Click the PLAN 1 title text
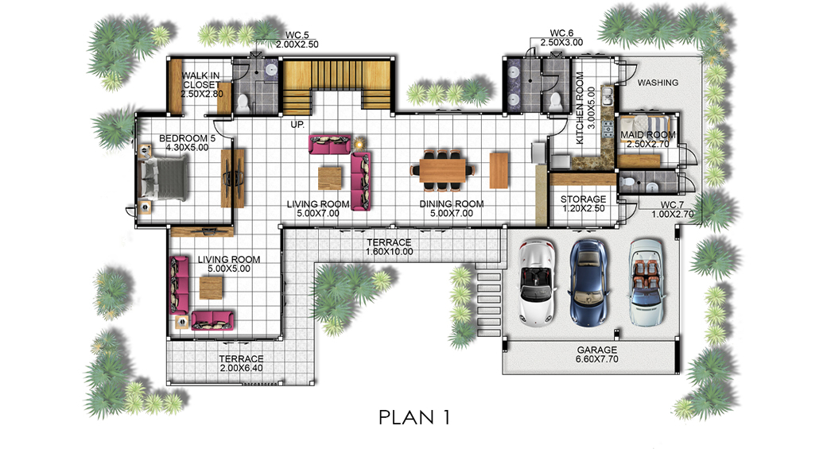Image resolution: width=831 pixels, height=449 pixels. point(414,417)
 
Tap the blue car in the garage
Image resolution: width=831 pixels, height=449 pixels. point(588,282)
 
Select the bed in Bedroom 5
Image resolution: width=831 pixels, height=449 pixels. point(163,180)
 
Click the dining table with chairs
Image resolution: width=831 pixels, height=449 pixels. point(442,170)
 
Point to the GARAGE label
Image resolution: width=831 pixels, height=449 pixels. point(596,350)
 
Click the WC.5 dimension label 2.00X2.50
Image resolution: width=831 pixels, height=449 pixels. point(297,45)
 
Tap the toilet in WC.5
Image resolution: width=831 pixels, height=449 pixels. point(243,103)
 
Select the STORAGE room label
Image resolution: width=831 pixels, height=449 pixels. point(583,199)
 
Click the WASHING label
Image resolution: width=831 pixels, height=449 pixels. point(658,83)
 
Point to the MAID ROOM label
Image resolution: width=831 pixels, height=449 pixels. point(647,135)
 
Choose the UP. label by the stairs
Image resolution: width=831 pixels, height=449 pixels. point(297,125)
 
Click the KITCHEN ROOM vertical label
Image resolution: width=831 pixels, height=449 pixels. point(580,108)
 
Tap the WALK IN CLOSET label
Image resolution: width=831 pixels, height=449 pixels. point(201,80)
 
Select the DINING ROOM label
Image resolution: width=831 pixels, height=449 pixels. point(452,204)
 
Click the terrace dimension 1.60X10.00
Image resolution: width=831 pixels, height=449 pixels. point(389,251)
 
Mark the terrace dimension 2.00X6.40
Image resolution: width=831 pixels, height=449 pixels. point(241,368)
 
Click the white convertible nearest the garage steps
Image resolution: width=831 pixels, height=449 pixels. point(538,282)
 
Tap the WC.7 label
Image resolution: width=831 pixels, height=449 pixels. point(672,205)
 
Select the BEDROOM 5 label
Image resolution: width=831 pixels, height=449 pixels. point(187,139)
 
